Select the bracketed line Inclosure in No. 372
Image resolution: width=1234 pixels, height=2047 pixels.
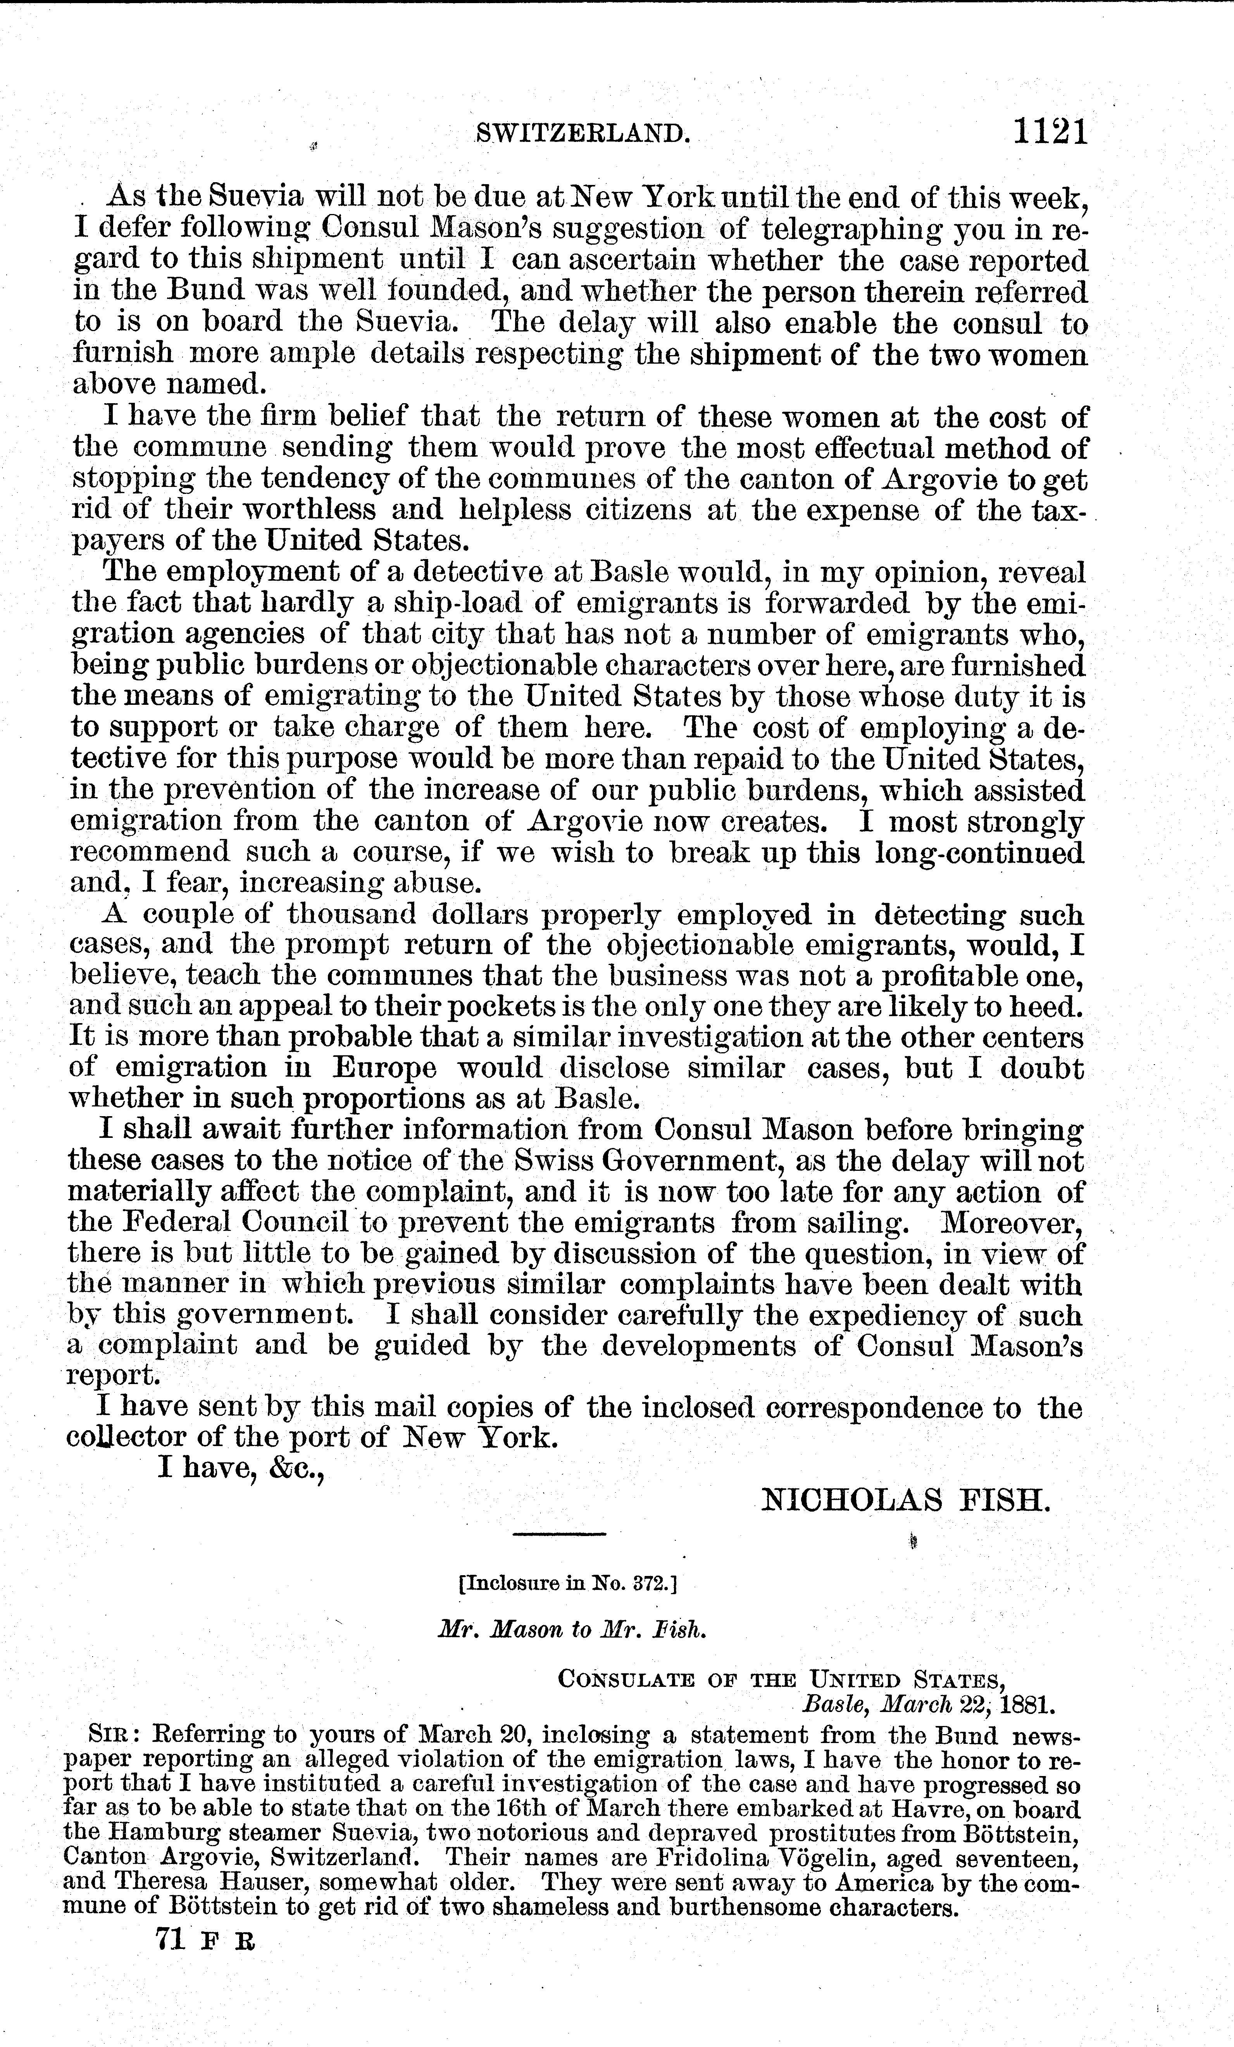pos(569,1583)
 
